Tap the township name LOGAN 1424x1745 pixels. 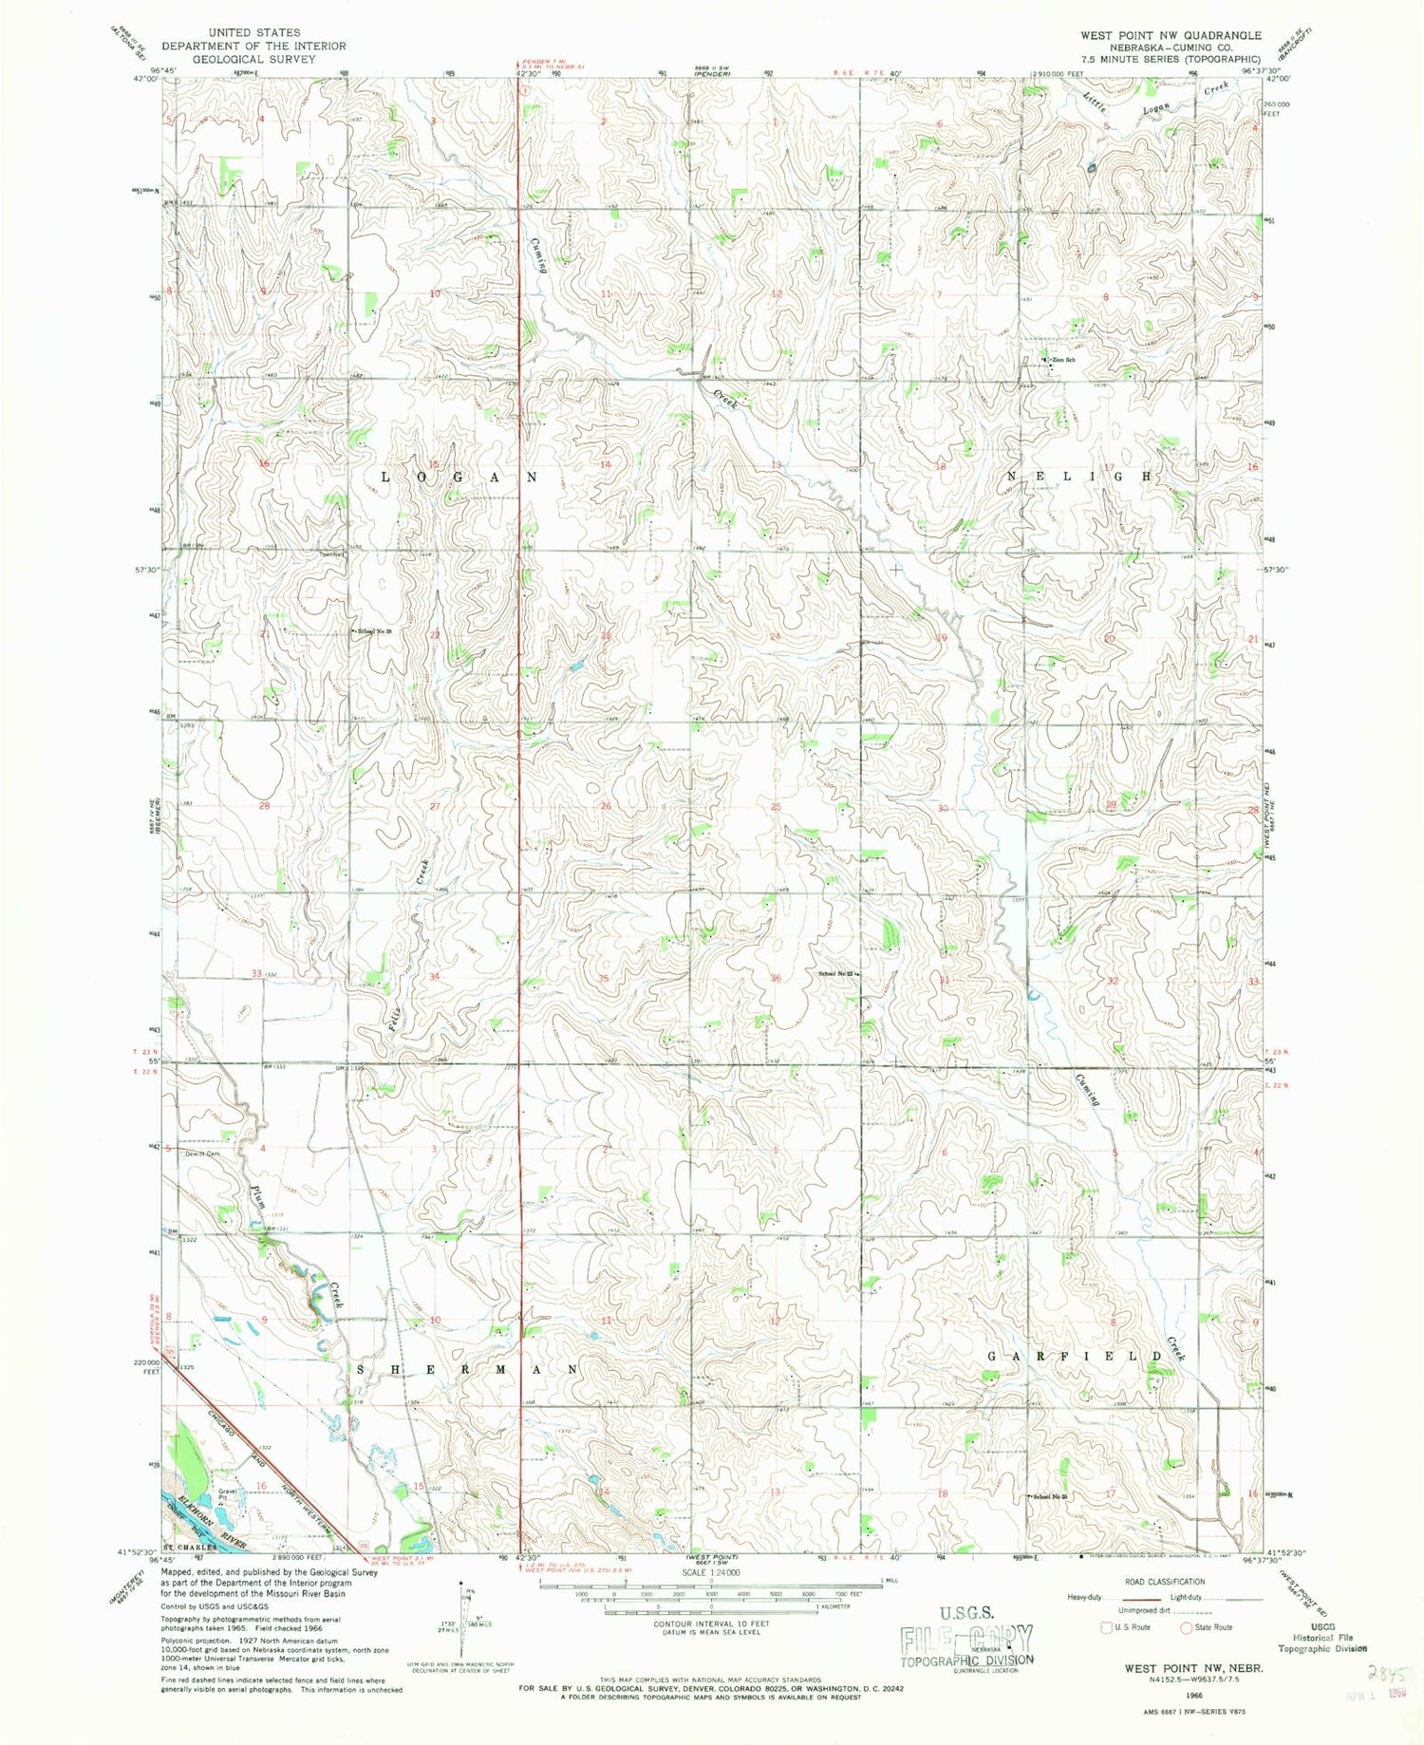coord(459,477)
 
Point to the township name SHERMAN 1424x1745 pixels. coord(468,1369)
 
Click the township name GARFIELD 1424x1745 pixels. coord(1075,1356)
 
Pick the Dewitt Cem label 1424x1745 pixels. coord(201,1154)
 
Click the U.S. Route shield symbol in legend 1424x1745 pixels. coord(1105,1627)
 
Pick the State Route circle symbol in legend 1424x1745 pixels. coord(1187,1627)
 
